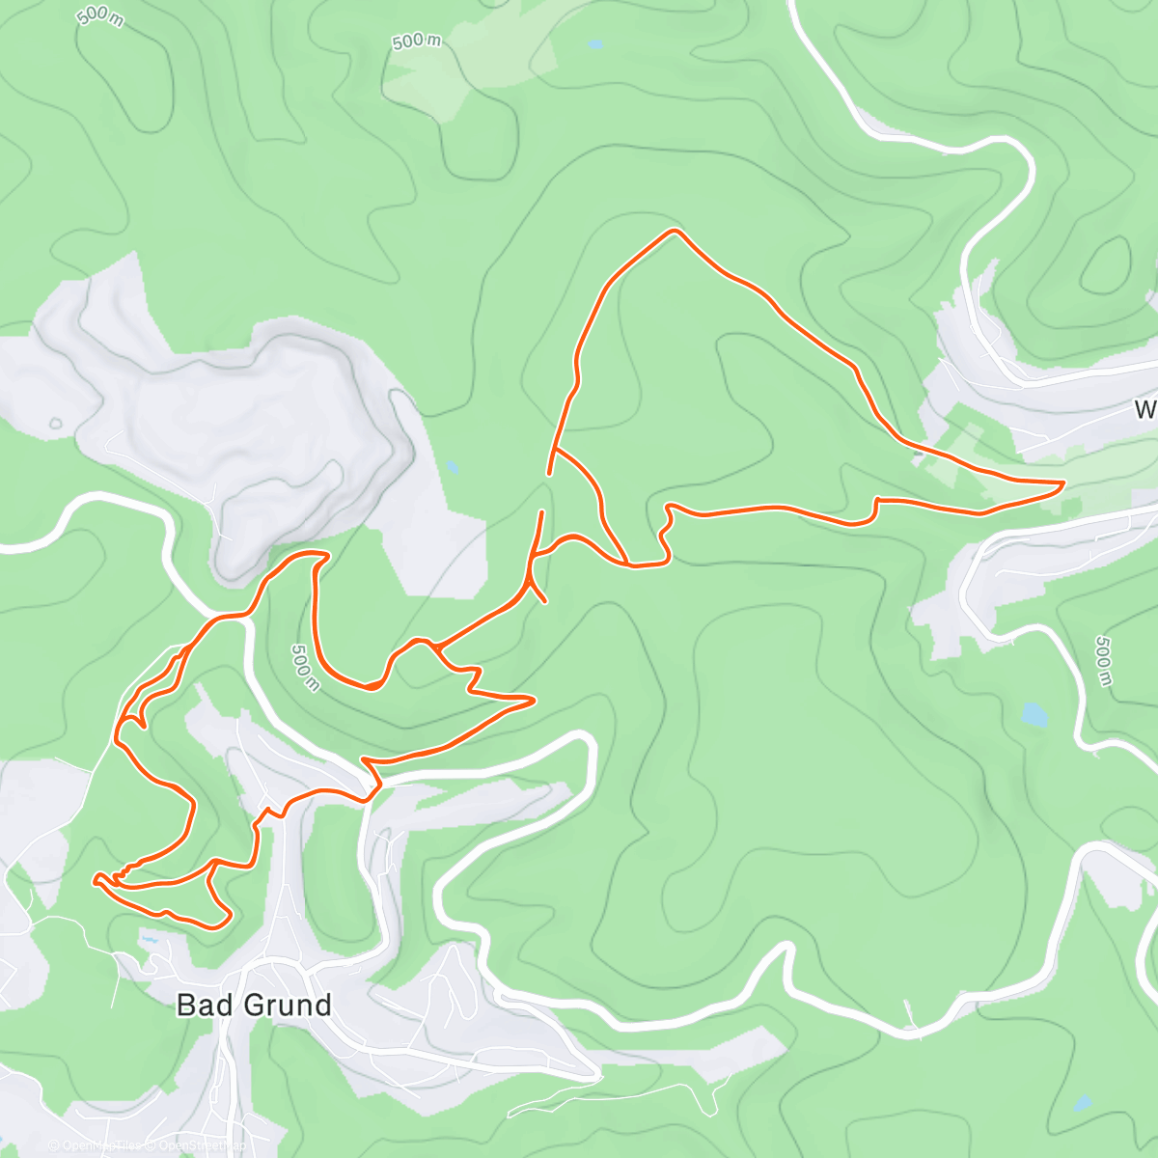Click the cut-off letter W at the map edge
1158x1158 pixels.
click(1145, 410)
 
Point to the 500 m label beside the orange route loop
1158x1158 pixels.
click(305, 667)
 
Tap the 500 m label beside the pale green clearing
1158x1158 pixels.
click(417, 41)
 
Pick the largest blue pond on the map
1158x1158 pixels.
click(1034, 715)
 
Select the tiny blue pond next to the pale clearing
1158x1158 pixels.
click(594, 44)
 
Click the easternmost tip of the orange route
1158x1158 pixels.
click(1062, 482)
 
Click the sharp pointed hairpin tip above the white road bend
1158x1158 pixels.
click(534, 699)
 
